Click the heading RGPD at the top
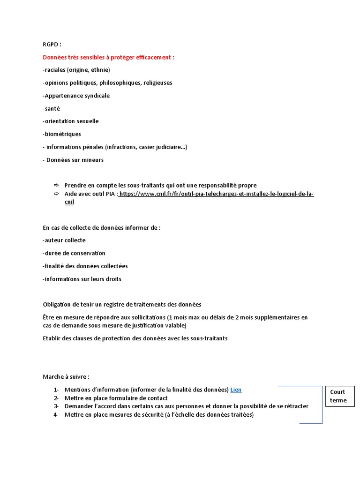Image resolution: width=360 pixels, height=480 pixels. click(x=52, y=45)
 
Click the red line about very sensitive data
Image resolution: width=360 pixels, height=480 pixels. click(x=108, y=57)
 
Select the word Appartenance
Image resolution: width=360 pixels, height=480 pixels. click(x=62, y=96)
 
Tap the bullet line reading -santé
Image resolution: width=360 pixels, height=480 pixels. click(x=51, y=108)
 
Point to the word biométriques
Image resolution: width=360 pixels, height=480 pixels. click(x=62, y=134)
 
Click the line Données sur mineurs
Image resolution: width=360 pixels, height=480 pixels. click(x=75, y=160)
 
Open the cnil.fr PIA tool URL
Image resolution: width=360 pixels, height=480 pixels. click(x=216, y=194)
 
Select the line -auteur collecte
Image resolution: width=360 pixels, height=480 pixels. click(x=64, y=240)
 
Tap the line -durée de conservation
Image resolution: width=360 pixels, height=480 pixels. click(x=74, y=253)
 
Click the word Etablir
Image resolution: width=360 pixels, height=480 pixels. click(x=52, y=338)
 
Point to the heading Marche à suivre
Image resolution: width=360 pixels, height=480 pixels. click(x=66, y=376)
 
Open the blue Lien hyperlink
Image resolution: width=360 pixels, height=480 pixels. click(x=236, y=390)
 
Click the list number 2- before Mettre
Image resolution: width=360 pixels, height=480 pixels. click(x=56, y=398)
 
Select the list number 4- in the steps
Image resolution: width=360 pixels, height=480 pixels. click(x=56, y=415)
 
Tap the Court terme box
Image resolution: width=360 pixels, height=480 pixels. click(x=338, y=396)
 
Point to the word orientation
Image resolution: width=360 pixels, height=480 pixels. click(x=62, y=121)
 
